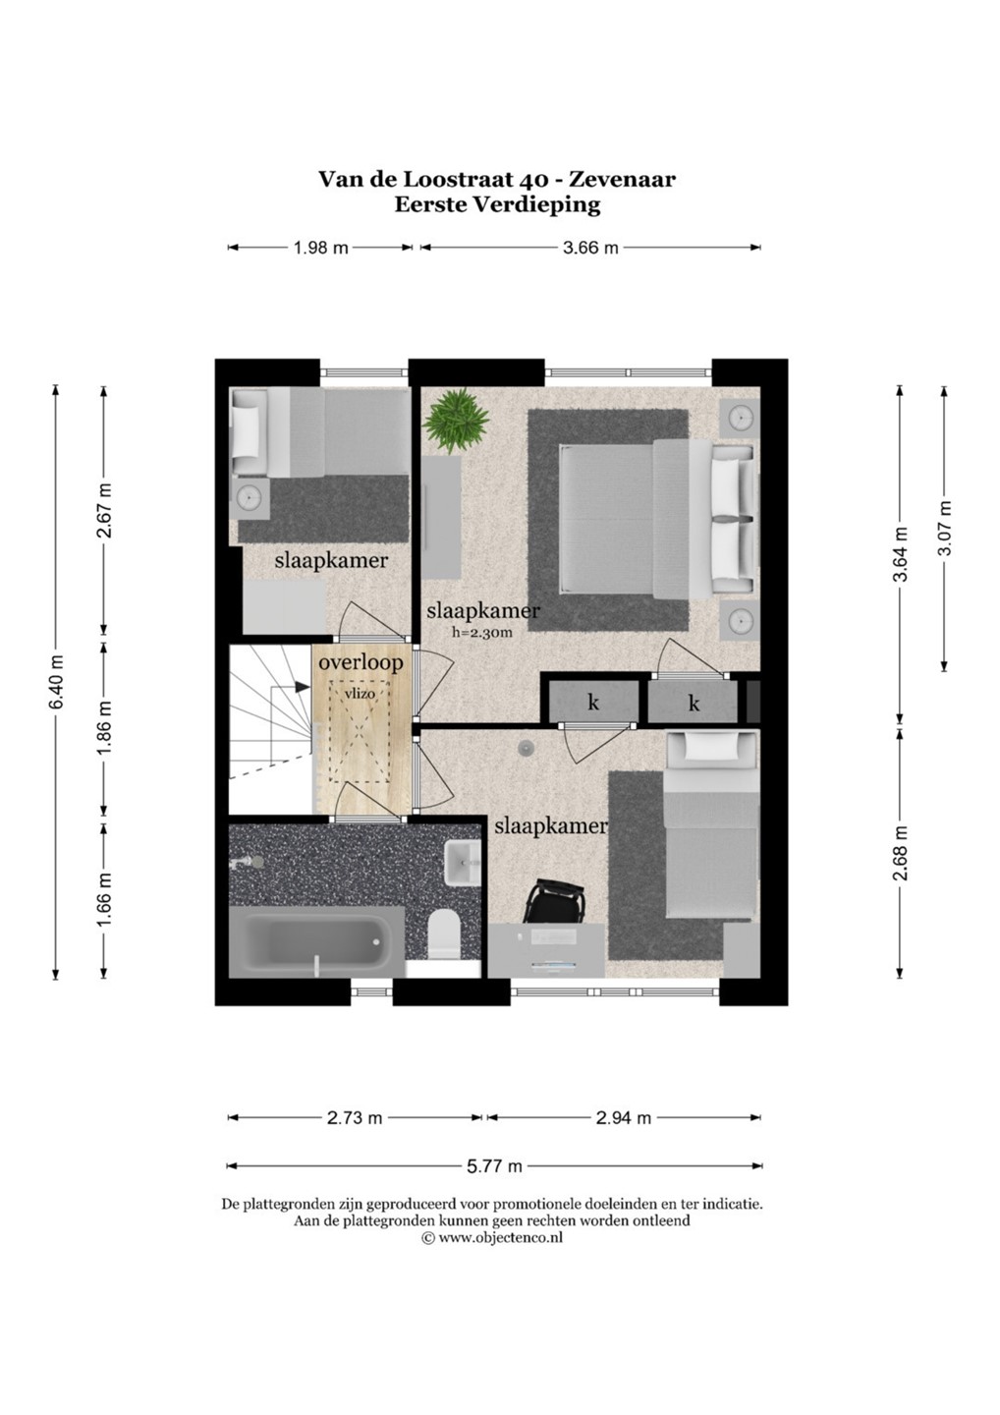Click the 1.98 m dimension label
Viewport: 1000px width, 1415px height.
(320, 248)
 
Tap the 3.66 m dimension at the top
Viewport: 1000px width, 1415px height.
(590, 248)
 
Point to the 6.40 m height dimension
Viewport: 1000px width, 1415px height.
(57, 682)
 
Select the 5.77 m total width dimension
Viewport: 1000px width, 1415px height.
(494, 1166)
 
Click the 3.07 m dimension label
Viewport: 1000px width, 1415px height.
(944, 528)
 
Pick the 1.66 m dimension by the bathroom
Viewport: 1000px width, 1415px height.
(104, 898)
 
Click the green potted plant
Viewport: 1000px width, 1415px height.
(457, 421)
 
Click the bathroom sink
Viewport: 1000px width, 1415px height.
(464, 864)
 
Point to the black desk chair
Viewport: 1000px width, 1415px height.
(556, 901)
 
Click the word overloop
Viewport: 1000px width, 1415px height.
(361, 663)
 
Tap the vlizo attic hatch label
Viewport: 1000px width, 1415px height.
(361, 693)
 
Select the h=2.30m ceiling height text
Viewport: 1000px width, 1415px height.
(481, 632)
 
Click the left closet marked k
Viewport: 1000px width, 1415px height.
(593, 702)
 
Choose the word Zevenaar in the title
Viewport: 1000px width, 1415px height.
(623, 180)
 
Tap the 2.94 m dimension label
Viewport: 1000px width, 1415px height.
(623, 1118)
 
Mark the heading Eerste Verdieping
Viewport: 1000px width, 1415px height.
(497, 205)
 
